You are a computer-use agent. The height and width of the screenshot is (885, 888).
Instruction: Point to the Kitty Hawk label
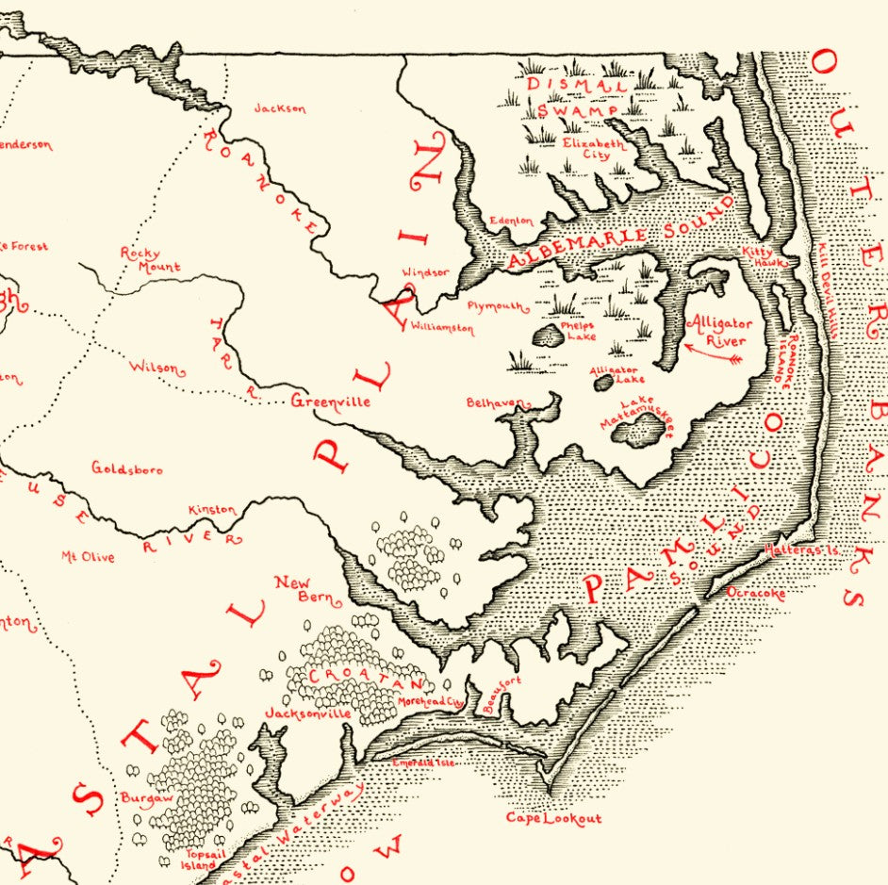tap(757, 256)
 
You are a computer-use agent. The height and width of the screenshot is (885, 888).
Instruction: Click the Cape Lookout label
tap(553, 818)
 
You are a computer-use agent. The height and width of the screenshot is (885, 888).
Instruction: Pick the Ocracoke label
tap(756, 594)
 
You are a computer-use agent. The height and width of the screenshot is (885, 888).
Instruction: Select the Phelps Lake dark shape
tap(547, 336)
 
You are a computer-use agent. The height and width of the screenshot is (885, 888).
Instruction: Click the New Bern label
tap(292, 590)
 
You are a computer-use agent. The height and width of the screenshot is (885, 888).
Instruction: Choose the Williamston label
tap(442, 329)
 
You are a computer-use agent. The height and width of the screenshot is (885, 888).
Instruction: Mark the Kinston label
tap(213, 510)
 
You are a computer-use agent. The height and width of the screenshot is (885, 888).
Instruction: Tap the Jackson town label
tap(280, 108)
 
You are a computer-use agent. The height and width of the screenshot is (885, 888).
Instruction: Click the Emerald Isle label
tap(423, 762)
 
